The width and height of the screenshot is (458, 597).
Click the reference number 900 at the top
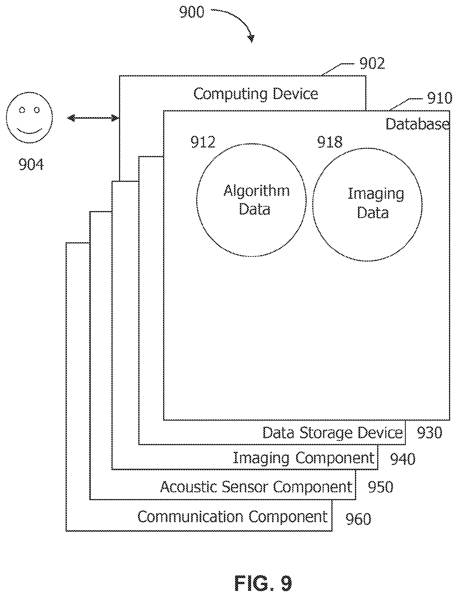click(192, 13)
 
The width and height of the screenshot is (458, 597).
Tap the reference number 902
click(372, 63)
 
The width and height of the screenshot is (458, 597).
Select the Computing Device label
click(256, 94)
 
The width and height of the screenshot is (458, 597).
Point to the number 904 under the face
click(31, 164)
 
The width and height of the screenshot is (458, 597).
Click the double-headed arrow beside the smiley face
click(93, 118)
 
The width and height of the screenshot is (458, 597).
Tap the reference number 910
click(440, 98)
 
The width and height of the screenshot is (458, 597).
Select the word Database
click(417, 124)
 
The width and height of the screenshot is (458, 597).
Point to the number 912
click(203, 142)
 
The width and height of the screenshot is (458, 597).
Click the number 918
click(330, 142)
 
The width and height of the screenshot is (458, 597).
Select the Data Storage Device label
click(333, 433)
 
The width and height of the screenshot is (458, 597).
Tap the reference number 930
click(430, 433)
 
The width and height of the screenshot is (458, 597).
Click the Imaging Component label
click(304, 459)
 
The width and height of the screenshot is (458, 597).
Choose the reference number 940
click(403, 459)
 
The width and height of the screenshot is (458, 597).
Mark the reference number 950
click(380, 487)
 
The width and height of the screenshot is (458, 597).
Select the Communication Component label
click(233, 517)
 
